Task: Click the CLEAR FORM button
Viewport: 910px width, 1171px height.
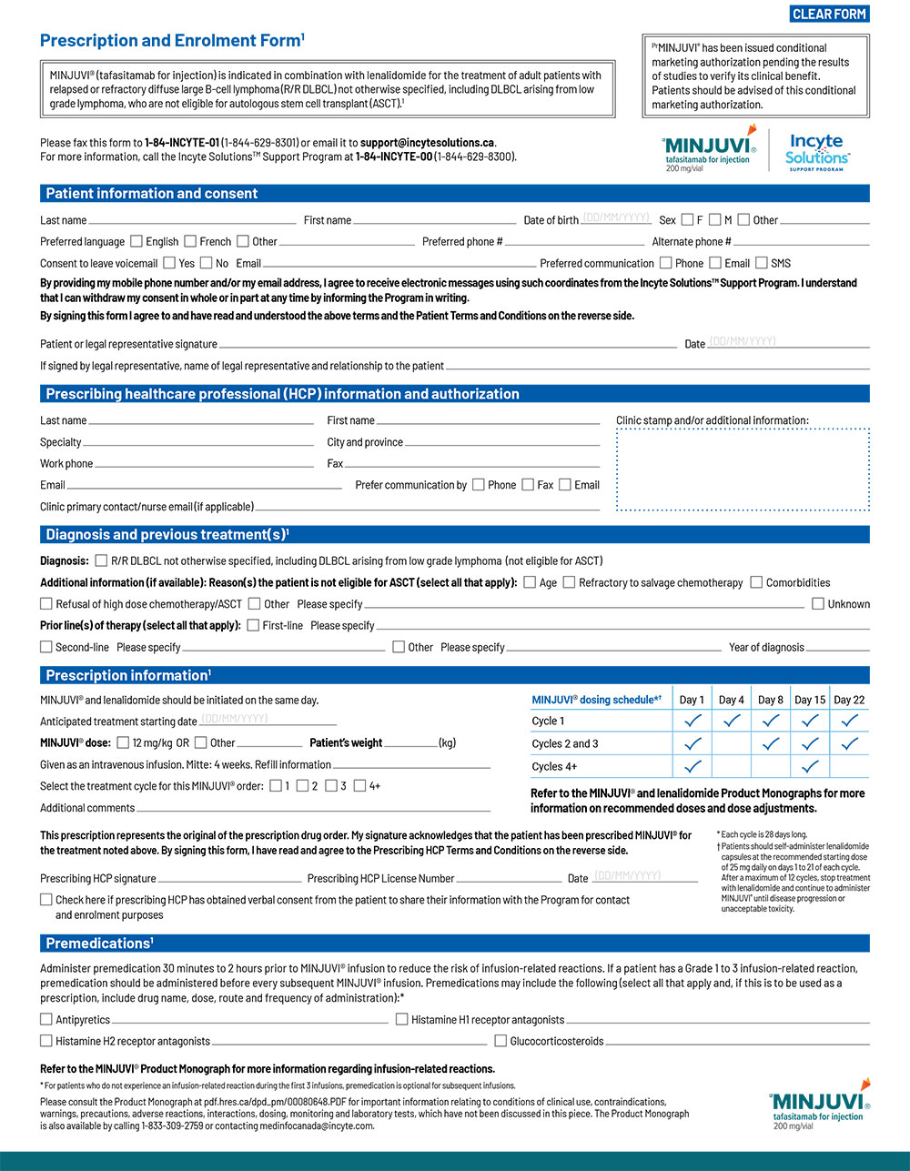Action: point(829,14)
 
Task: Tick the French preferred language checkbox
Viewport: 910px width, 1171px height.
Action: point(190,241)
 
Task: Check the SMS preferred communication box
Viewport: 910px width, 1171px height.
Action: point(762,263)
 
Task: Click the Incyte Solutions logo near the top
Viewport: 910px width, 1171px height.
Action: point(817,151)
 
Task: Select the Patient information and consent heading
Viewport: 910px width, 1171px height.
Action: point(152,194)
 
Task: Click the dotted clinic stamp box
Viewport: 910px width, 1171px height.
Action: point(743,469)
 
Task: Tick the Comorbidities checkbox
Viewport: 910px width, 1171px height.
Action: point(756,582)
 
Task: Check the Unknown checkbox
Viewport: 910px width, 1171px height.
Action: point(818,603)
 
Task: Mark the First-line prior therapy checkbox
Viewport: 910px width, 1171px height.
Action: point(253,625)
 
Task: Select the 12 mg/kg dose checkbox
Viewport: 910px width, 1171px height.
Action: point(123,742)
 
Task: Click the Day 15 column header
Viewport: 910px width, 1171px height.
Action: point(810,700)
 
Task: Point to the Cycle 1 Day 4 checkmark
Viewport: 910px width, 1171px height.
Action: point(731,721)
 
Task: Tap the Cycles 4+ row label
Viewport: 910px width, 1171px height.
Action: point(554,766)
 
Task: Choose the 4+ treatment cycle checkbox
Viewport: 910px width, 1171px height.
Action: point(359,785)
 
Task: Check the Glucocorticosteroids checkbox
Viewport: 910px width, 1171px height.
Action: point(500,1041)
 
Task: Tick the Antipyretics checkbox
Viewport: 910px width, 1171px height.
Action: point(46,1019)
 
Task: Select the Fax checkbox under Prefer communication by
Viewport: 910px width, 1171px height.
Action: point(528,485)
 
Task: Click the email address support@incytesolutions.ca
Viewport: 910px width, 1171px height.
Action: point(427,143)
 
